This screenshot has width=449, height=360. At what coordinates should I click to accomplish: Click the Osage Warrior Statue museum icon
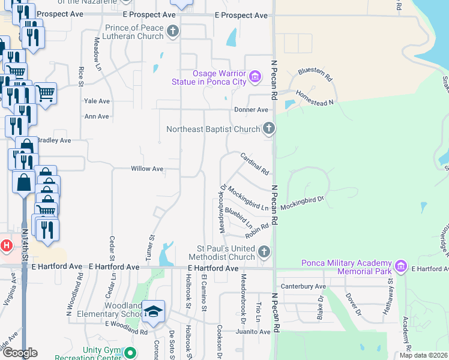255,76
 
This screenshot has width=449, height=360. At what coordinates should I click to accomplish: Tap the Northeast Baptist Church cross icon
269,128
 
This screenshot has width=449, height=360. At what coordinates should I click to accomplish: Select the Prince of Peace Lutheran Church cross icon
173,31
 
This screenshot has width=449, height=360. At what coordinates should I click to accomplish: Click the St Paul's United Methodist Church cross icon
264,251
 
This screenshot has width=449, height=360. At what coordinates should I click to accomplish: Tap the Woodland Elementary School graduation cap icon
154,311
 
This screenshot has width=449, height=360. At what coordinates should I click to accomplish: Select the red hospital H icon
6,245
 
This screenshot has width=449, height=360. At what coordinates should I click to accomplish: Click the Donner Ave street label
251,110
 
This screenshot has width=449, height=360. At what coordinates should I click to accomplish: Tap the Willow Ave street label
147,169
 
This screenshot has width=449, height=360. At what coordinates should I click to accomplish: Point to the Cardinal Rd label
255,163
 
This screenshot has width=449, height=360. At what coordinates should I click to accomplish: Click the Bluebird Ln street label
238,218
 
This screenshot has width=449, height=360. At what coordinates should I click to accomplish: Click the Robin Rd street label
256,230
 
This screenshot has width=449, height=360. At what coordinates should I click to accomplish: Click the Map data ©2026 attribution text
423,355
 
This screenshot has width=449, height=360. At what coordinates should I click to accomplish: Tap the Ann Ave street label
97,116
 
